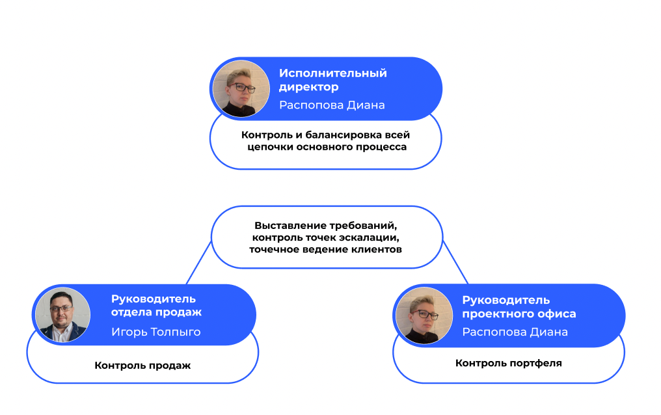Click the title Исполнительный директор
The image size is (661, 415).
332,79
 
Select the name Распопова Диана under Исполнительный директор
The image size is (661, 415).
332,105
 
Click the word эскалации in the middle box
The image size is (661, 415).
375,237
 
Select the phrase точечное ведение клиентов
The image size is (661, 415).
325,249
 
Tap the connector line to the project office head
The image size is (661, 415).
455,261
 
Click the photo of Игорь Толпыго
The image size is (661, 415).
62,315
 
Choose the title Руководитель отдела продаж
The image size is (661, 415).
156,306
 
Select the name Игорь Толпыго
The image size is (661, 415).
155,332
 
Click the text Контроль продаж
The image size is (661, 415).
142,366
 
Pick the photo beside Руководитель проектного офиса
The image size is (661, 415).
424,315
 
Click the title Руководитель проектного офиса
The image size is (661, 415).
519,306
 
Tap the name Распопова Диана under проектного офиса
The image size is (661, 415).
515,332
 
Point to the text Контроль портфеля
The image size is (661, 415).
508,363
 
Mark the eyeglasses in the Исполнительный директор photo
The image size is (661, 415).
241,87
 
